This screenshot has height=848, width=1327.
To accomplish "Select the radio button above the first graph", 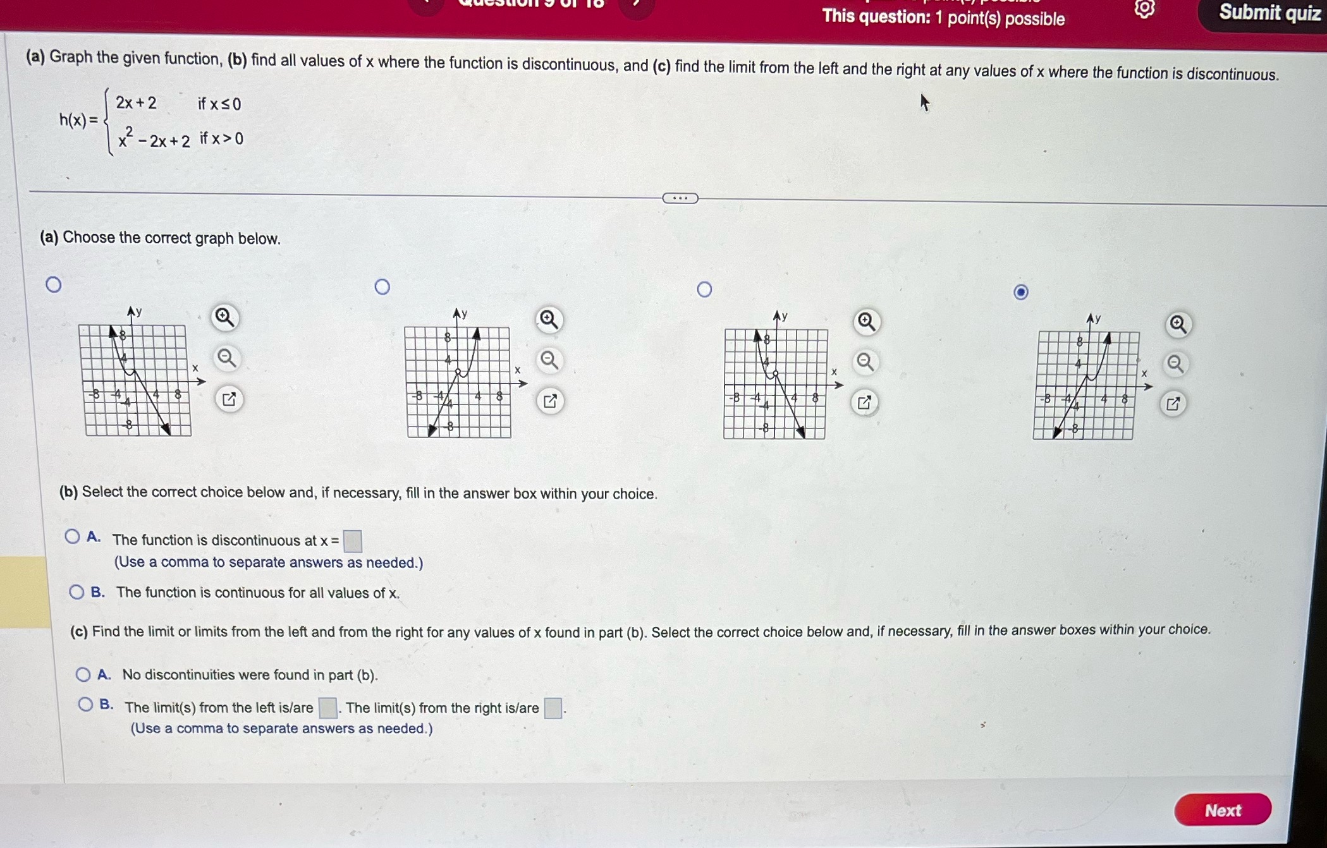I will (54, 284).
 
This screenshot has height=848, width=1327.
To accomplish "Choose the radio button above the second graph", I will (382, 287).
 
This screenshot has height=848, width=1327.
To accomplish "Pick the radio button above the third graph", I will (704, 289).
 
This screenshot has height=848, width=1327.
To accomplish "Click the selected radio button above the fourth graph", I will (1020, 292).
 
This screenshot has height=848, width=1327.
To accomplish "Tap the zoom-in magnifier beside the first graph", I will (224, 317).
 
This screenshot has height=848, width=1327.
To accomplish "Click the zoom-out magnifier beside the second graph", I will (549, 361).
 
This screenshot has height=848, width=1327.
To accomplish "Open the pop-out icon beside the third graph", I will (864, 403).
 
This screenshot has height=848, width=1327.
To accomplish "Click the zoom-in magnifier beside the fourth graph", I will (1177, 325).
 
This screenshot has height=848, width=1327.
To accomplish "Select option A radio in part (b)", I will (73, 536).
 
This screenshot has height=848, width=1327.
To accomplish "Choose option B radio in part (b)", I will (76, 592).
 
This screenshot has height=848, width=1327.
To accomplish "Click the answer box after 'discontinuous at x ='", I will (352, 541).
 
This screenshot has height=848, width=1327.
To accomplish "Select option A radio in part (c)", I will (83, 674).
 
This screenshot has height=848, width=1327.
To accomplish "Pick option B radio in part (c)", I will (86, 704).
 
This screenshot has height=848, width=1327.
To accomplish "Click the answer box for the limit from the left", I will (327, 708).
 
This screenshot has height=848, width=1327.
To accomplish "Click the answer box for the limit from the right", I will (553, 708).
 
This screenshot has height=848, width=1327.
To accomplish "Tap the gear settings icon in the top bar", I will (1144, 9).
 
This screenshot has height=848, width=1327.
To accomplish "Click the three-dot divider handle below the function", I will (680, 198).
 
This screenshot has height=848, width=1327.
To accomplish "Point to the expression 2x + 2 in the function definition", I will (136, 103).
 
